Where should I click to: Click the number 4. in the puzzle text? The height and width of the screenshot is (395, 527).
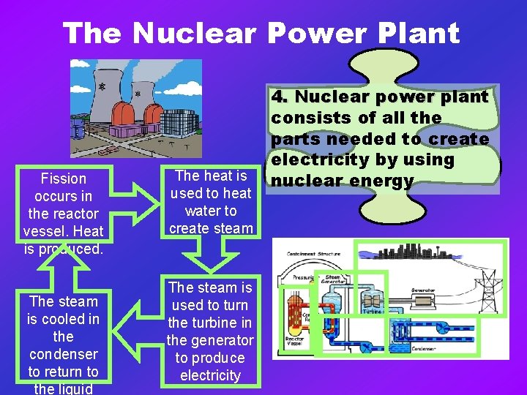[x=280, y=97]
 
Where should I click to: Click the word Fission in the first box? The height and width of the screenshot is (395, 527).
[x=64, y=178]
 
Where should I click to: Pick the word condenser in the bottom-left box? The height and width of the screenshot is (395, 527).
[x=64, y=354]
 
